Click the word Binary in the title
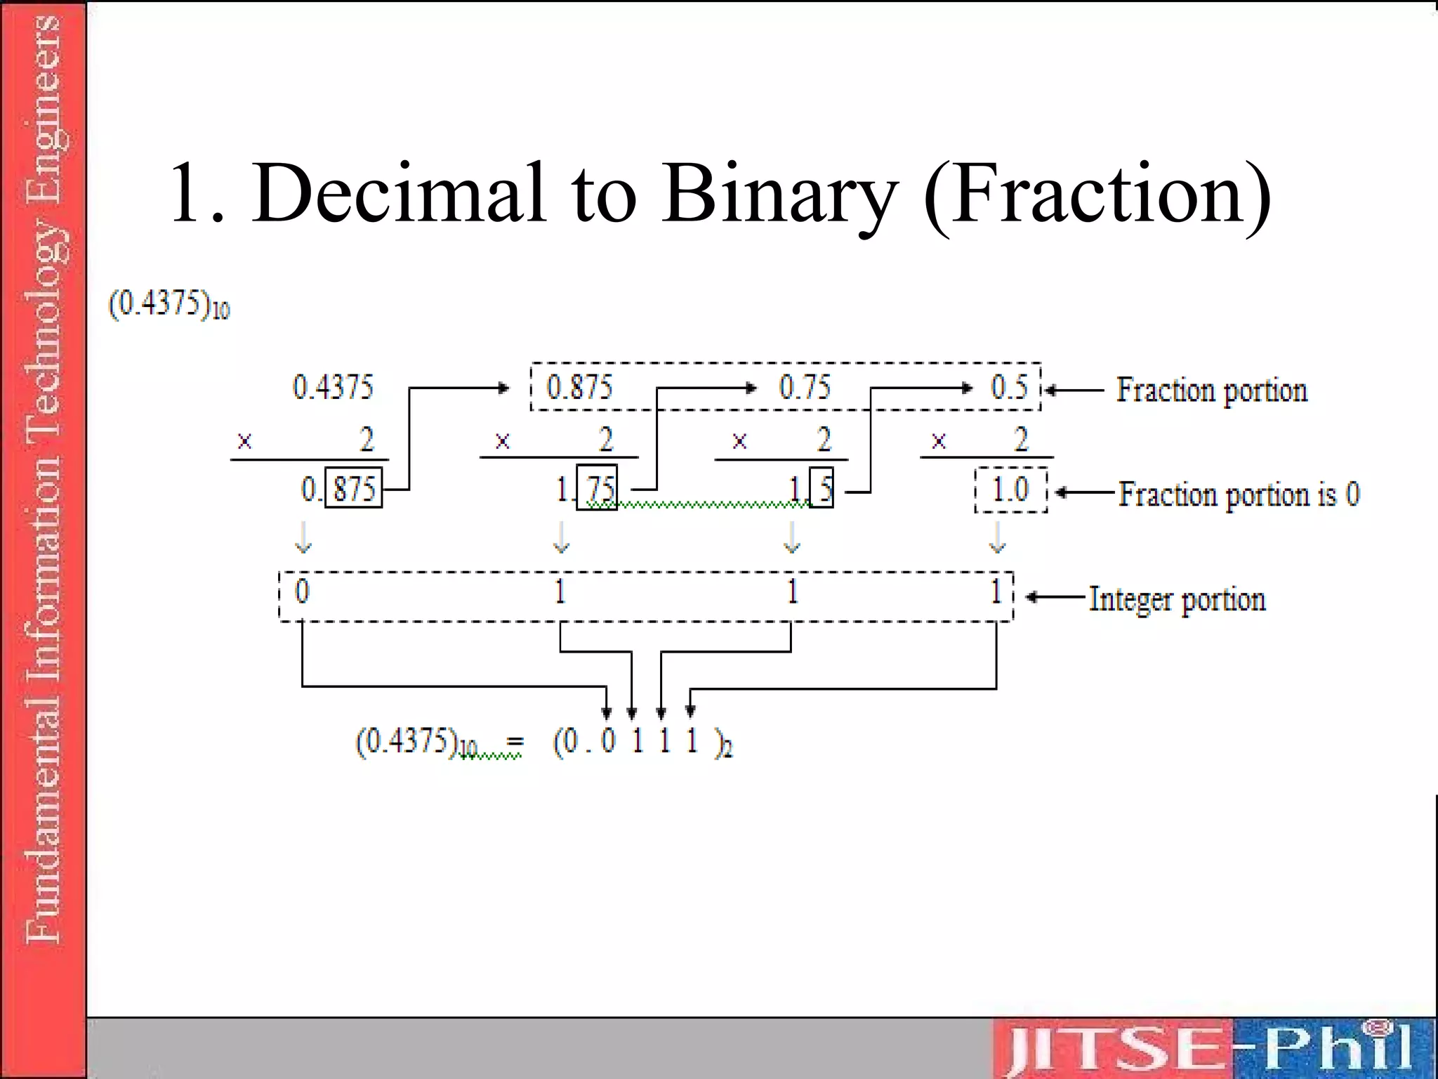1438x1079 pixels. (779, 193)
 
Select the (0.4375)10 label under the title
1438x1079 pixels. (169, 306)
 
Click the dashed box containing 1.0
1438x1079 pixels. (1010, 490)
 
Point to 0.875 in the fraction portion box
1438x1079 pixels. (579, 387)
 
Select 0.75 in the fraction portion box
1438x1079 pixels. (805, 387)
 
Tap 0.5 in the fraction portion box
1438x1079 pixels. (1009, 387)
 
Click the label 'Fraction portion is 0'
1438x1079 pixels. (1239, 494)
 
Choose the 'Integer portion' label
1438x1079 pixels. (1177, 599)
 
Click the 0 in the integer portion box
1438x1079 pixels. (302, 591)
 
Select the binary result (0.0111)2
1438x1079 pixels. (642, 742)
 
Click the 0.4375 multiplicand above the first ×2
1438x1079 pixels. (333, 387)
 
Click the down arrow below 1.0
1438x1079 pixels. (997, 538)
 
